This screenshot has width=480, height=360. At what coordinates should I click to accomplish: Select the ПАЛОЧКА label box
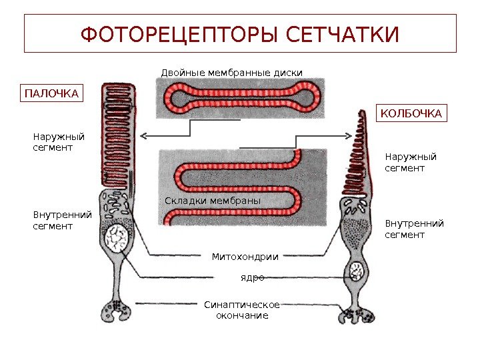pos(51,93)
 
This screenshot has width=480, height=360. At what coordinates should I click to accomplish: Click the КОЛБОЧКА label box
pos(411,114)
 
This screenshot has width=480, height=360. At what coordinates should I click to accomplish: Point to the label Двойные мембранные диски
pos(232,72)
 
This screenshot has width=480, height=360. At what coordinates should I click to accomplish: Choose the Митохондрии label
pos(245,256)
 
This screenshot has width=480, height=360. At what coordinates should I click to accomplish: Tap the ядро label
pos(252,277)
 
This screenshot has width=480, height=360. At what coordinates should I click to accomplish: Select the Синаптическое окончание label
pos(242,310)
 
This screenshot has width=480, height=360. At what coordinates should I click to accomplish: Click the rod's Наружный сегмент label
pos(59,141)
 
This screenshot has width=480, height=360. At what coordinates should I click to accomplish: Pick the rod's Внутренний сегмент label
pos(62,221)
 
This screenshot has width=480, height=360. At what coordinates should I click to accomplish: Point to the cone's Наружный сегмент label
pos(411,162)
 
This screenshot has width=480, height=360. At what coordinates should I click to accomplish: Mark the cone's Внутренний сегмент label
pos(414,229)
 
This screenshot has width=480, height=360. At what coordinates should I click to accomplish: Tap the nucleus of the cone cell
pos(357,271)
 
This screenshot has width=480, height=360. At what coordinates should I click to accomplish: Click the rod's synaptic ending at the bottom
pos(116,311)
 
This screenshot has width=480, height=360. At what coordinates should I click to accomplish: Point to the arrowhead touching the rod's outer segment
pos(143,136)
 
